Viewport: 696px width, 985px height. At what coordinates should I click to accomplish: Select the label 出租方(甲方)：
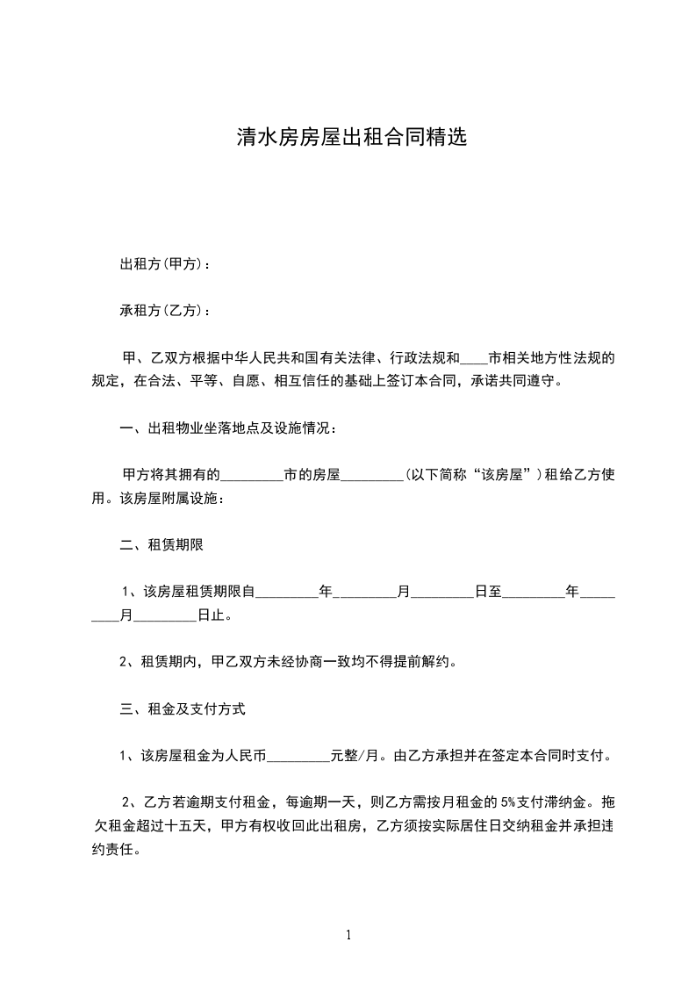click(x=165, y=263)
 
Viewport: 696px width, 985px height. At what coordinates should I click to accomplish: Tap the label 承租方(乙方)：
click(x=165, y=311)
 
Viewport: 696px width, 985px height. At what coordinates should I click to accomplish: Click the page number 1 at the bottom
click(x=348, y=935)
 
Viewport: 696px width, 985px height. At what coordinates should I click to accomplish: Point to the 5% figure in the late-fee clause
click(x=508, y=802)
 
